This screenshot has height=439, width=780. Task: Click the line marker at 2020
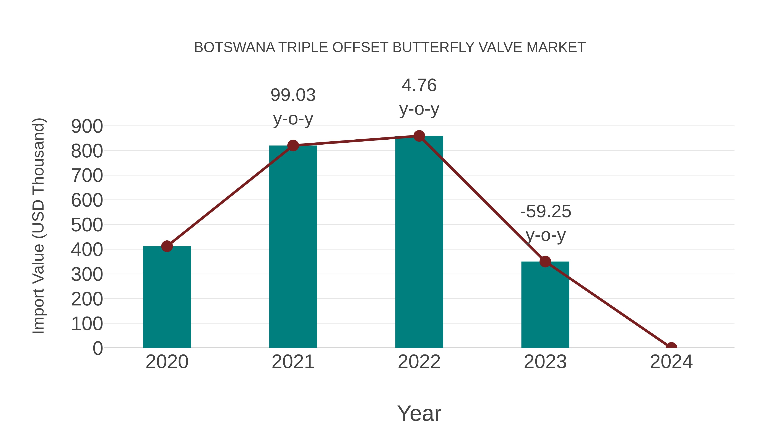pyautogui.click(x=167, y=246)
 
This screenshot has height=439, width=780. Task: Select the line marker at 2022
pyautogui.click(x=419, y=136)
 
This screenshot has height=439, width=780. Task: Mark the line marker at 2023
pyautogui.click(x=545, y=261)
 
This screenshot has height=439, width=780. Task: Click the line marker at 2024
pyautogui.click(x=671, y=347)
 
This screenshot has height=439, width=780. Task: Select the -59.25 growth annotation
pyautogui.click(x=545, y=223)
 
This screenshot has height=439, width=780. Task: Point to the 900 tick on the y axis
pyautogui.click(x=87, y=126)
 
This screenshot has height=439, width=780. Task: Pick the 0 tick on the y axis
pyautogui.click(x=97, y=348)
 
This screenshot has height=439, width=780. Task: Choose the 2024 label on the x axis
pyautogui.click(x=671, y=362)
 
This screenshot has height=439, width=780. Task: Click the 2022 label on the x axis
pyautogui.click(x=419, y=362)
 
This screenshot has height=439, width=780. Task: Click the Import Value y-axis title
pyautogui.click(x=39, y=226)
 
